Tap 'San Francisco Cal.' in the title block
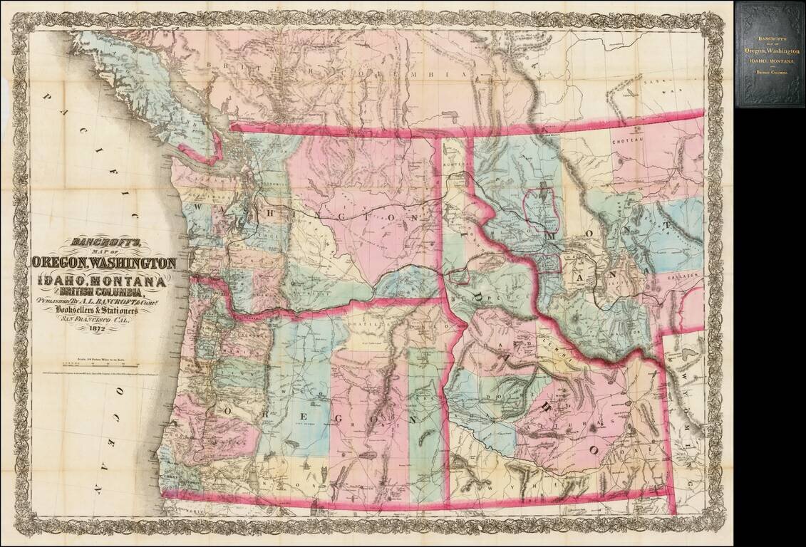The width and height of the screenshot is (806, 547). [x=98, y=320]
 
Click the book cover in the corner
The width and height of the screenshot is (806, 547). [x=770, y=54]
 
